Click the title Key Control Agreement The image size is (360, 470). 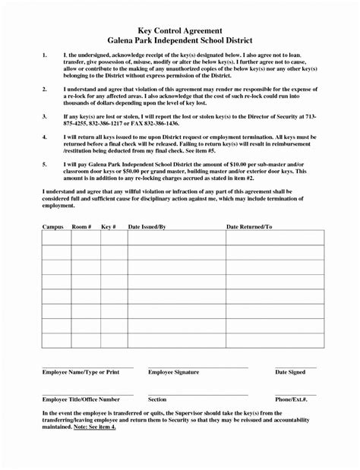(x=179, y=27)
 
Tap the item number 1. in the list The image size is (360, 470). (x=45, y=56)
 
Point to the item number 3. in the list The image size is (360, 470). (x=45, y=116)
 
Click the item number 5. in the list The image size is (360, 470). (x=45, y=163)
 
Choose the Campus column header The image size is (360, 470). (x=52, y=226)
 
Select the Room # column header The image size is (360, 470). (x=81, y=226)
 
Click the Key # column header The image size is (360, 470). (x=109, y=226)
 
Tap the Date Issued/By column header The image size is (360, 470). (x=147, y=226)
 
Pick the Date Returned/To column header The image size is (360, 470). (x=249, y=226)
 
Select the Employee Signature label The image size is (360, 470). (x=174, y=372)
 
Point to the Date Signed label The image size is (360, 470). (x=290, y=372)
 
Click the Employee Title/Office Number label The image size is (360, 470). (x=81, y=399)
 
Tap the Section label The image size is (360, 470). (x=157, y=399)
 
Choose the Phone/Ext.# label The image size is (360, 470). (x=291, y=399)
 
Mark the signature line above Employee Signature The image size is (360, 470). (x=197, y=367)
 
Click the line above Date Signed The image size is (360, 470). (x=295, y=367)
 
